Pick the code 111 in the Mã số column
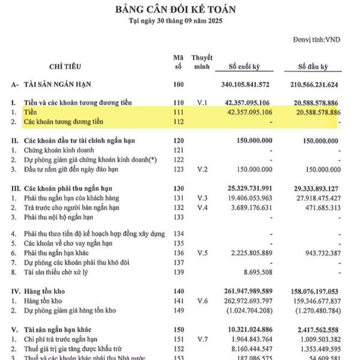(x=178, y=112)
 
